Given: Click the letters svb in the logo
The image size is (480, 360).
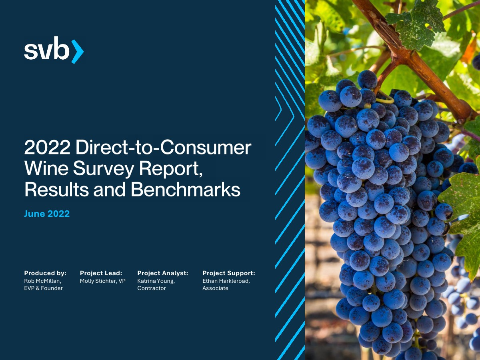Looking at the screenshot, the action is [47, 48].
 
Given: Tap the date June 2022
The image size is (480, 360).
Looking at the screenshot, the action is [47, 214].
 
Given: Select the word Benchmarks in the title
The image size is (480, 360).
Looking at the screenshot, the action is [186, 189].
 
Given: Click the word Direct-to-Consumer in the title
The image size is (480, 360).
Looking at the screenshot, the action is [163, 147].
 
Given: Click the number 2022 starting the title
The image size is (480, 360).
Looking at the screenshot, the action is [47, 147].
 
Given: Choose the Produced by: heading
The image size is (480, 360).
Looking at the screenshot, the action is [45, 273].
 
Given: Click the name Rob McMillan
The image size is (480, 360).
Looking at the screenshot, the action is [43, 281].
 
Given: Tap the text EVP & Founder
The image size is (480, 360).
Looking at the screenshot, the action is [43, 288].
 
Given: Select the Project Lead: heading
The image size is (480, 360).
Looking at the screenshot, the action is [101, 273].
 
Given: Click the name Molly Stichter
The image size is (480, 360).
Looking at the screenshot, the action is [98, 281].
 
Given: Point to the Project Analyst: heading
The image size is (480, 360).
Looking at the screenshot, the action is [163, 273].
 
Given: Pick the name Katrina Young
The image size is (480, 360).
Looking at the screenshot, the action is [156, 281].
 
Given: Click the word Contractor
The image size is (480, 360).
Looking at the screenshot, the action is [152, 288].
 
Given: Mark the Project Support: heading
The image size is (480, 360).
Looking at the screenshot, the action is [229, 273].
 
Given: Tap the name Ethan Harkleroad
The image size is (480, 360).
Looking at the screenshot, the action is [226, 281].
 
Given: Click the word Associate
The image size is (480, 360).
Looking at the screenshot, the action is [215, 288].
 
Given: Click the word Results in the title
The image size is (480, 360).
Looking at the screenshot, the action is [57, 189].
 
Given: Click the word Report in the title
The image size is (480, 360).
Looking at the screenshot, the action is [170, 169].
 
